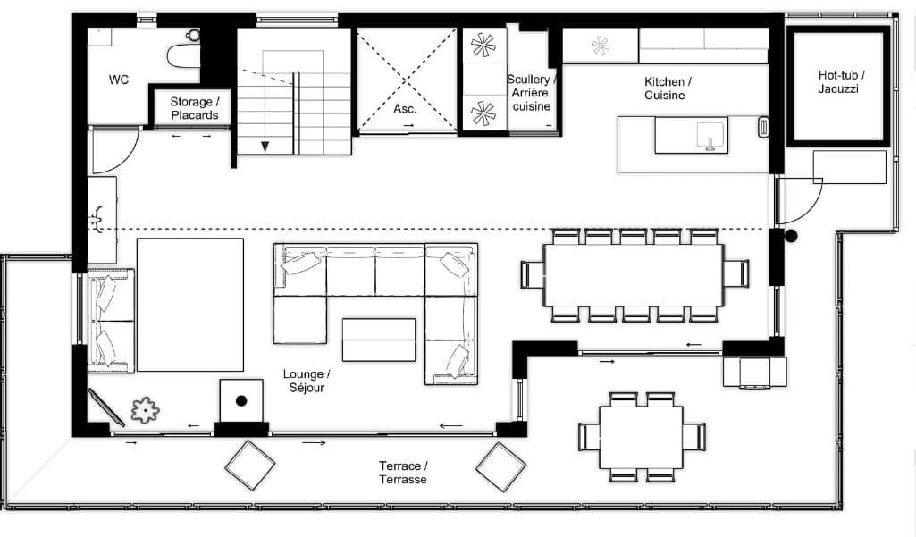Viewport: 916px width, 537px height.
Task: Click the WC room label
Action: point(119,80)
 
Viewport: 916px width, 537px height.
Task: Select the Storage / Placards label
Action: point(191,108)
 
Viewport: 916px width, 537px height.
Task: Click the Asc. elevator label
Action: point(406,108)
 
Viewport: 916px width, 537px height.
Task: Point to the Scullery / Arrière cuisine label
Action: point(531,93)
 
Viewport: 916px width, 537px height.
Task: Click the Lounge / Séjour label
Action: point(306,381)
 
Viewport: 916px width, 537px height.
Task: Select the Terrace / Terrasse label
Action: point(403,473)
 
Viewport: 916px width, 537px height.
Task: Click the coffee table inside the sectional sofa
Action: point(379,340)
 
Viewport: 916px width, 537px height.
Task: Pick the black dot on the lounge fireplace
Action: point(241,400)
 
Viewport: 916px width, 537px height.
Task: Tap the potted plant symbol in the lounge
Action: point(145,410)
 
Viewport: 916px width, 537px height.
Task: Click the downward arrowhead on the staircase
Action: point(265,147)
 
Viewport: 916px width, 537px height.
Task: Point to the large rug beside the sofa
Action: point(189,305)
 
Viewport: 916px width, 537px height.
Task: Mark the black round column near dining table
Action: point(790,237)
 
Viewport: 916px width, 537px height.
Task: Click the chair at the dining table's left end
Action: point(533,274)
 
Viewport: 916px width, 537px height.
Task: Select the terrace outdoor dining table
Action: point(641,438)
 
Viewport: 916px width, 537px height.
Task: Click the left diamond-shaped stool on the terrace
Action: point(250,466)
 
